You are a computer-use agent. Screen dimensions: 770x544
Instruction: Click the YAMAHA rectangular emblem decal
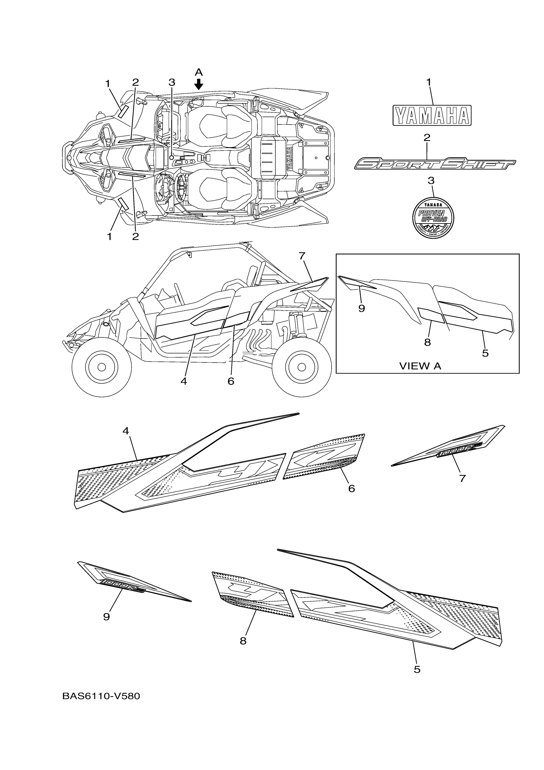432,115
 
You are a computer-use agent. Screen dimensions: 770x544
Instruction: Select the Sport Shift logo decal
435,164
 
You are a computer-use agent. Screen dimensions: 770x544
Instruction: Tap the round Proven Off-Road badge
433,218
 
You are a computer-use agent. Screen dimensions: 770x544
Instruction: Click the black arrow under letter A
199,84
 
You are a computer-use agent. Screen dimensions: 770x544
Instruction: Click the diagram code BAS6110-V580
101,696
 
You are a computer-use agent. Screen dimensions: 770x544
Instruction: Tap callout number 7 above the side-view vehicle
302,256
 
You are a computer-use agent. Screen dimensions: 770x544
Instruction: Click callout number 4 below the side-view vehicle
183,381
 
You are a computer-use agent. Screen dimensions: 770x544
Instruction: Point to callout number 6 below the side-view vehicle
231,381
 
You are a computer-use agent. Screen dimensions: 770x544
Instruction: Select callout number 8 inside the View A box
427,342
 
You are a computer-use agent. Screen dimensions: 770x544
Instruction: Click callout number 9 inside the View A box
361,309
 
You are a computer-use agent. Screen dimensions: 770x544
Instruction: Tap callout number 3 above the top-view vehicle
172,82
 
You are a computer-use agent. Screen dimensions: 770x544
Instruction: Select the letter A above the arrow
199,72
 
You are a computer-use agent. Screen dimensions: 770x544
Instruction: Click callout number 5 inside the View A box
485,353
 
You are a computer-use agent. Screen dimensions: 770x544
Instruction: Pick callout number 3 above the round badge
431,181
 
